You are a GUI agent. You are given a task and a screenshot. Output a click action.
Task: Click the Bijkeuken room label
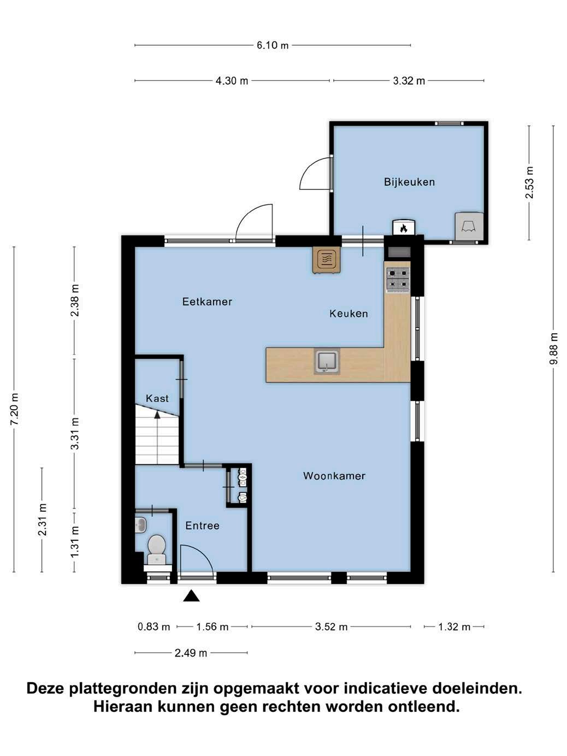(x=409, y=182)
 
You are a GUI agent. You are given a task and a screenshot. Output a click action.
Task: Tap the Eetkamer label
(x=207, y=302)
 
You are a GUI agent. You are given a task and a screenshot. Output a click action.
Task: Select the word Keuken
(x=349, y=314)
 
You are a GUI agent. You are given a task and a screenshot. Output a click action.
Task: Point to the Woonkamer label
(x=334, y=476)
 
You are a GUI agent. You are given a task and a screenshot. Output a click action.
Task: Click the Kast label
(x=157, y=399)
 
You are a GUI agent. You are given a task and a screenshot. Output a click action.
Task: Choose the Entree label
(x=202, y=525)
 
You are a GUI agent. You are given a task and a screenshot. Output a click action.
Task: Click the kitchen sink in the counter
(x=327, y=361)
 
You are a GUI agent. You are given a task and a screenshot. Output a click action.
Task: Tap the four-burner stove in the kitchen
(x=398, y=279)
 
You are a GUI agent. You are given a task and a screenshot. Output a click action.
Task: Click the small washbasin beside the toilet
(x=140, y=525)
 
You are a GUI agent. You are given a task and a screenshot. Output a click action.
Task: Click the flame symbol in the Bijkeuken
(x=404, y=228)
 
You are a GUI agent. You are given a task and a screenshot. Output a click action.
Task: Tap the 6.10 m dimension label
(x=273, y=45)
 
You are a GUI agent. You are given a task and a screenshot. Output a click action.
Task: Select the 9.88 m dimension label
(x=553, y=349)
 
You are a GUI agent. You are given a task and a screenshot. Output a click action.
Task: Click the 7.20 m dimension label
(x=14, y=409)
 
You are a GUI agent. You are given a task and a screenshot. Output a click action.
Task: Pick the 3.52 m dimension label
(x=331, y=627)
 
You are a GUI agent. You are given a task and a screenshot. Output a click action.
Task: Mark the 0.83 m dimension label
(x=154, y=627)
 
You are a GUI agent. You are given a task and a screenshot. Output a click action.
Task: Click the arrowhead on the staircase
(x=157, y=415)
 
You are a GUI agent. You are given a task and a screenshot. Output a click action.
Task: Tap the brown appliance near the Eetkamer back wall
(x=327, y=261)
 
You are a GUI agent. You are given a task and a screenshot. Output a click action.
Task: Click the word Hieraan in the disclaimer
(x=122, y=706)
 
